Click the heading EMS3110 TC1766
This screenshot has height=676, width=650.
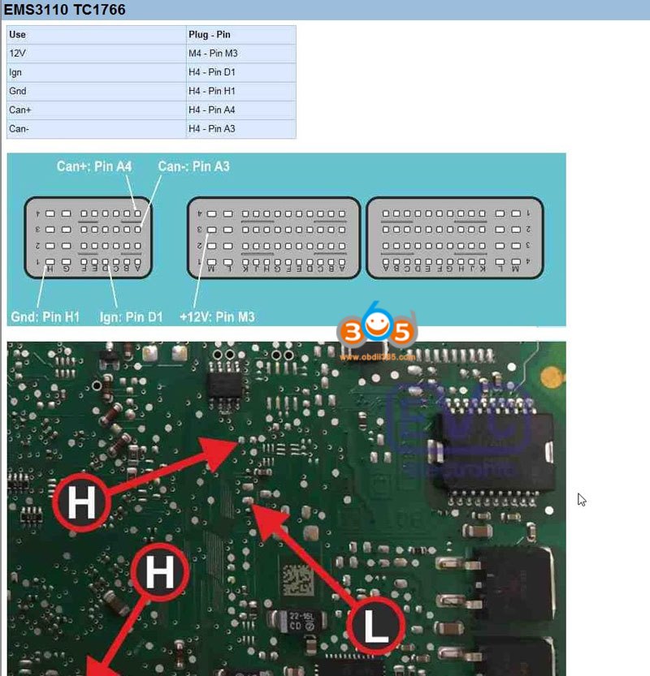pos(66,10)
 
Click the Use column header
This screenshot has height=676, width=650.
pos(17,35)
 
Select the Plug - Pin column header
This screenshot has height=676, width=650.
pos(209,35)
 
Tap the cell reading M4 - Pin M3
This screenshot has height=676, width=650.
pos(213,54)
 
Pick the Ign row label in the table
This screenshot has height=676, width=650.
pos(15,72)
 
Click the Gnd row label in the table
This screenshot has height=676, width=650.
pos(18,91)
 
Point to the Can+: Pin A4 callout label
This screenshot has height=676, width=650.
pos(94,166)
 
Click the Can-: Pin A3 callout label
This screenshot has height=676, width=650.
pos(193,166)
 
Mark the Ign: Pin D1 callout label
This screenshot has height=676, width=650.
pos(131,316)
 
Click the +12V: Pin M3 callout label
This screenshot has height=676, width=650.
pos(216,316)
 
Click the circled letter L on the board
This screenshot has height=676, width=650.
pos(375,627)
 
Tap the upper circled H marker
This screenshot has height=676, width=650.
pos(81,504)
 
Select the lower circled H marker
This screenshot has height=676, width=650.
pos(159,575)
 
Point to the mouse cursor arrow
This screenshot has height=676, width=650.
pos(582,500)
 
